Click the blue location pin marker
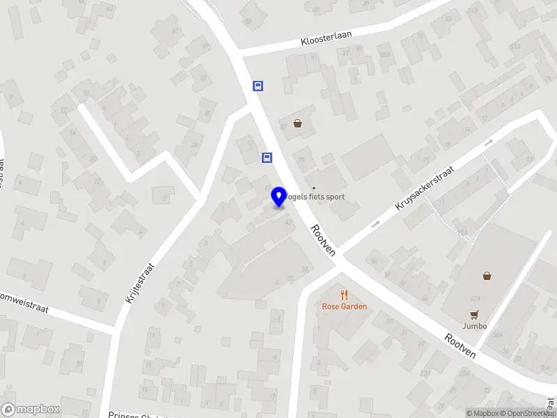click(278, 196)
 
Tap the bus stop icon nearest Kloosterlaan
click(258, 86)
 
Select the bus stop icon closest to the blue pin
click(267, 157)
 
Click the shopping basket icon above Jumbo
click(487, 276)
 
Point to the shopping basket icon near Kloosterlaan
click(298, 123)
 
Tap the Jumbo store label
click(473, 325)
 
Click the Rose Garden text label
click(344, 307)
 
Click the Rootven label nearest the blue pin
click(324, 238)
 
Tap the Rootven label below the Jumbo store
click(460, 344)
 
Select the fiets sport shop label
click(317, 197)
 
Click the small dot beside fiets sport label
click(313, 187)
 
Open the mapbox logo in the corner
click(31, 409)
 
